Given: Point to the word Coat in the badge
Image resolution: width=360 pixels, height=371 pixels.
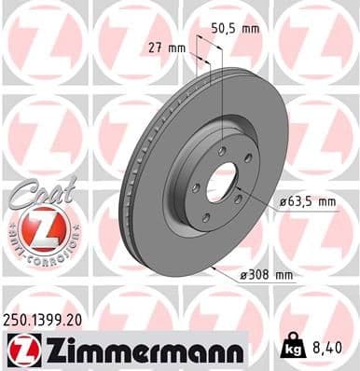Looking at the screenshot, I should pyautogui.click(x=33, y=192).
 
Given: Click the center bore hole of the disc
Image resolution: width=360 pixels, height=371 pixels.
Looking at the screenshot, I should pyautogui.click(x=223, y=182).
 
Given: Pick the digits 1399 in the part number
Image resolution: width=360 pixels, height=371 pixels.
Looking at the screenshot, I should pyautogui.click(x=48, y=320).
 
